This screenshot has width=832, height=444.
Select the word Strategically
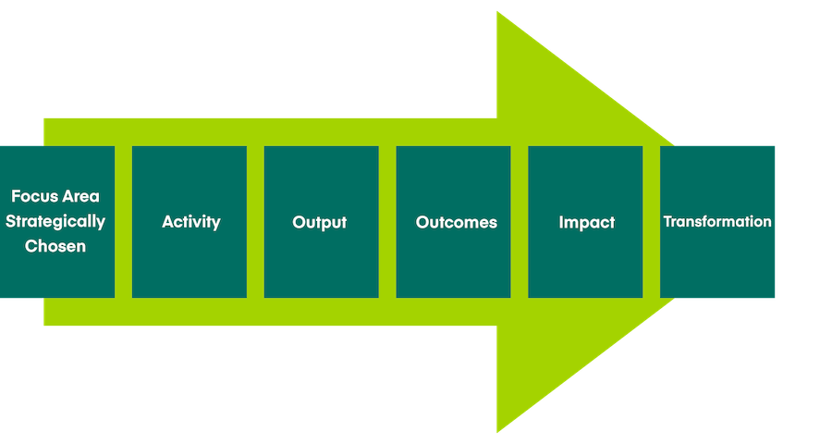(56, 222)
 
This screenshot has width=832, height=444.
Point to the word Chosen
(55, 246)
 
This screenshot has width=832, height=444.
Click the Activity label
(191, 222)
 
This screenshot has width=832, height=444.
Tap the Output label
(320, 222)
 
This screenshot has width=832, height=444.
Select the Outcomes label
(456, 222)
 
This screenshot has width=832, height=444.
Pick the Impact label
(586, 222)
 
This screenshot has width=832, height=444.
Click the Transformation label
(717, 222)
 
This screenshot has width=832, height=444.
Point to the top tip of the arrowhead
(499, 15)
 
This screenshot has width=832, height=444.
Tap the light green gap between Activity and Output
(255, 222)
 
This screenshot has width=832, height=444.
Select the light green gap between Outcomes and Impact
(520, 222)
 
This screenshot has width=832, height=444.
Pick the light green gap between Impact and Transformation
(652, 222)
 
